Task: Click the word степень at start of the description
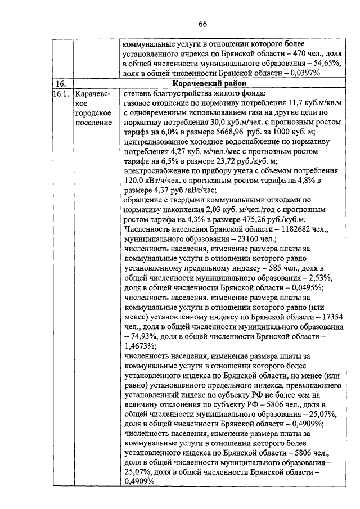(138, 94)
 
